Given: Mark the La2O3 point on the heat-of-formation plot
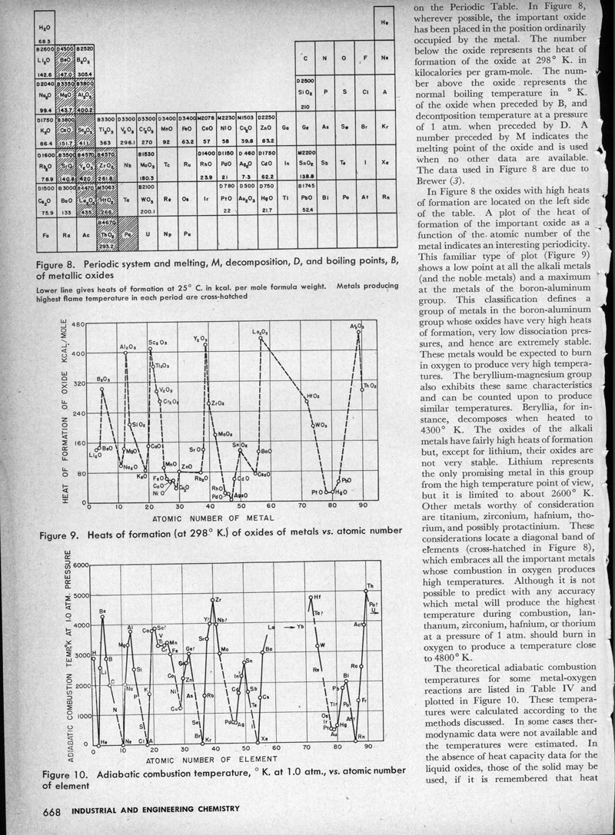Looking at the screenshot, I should pyautogui.click(x=261, y=337).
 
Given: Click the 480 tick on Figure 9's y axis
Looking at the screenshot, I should pyautogui.click(x=76, y=325).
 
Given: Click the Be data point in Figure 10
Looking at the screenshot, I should pyautogui.click(x=102, y=617).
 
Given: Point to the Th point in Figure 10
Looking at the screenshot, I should pyautogui.click(x=365, y=591).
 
